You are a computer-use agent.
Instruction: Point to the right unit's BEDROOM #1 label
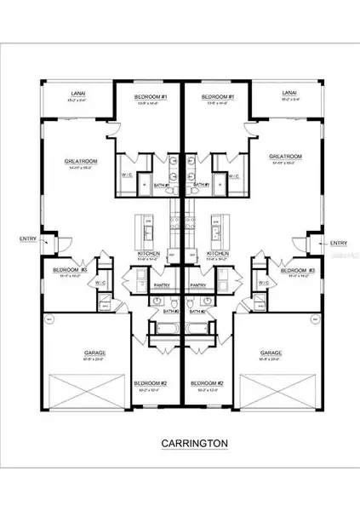click(219, 98)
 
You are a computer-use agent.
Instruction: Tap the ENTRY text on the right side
click(337, 243)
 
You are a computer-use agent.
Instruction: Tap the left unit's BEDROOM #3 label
click(67, 269)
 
